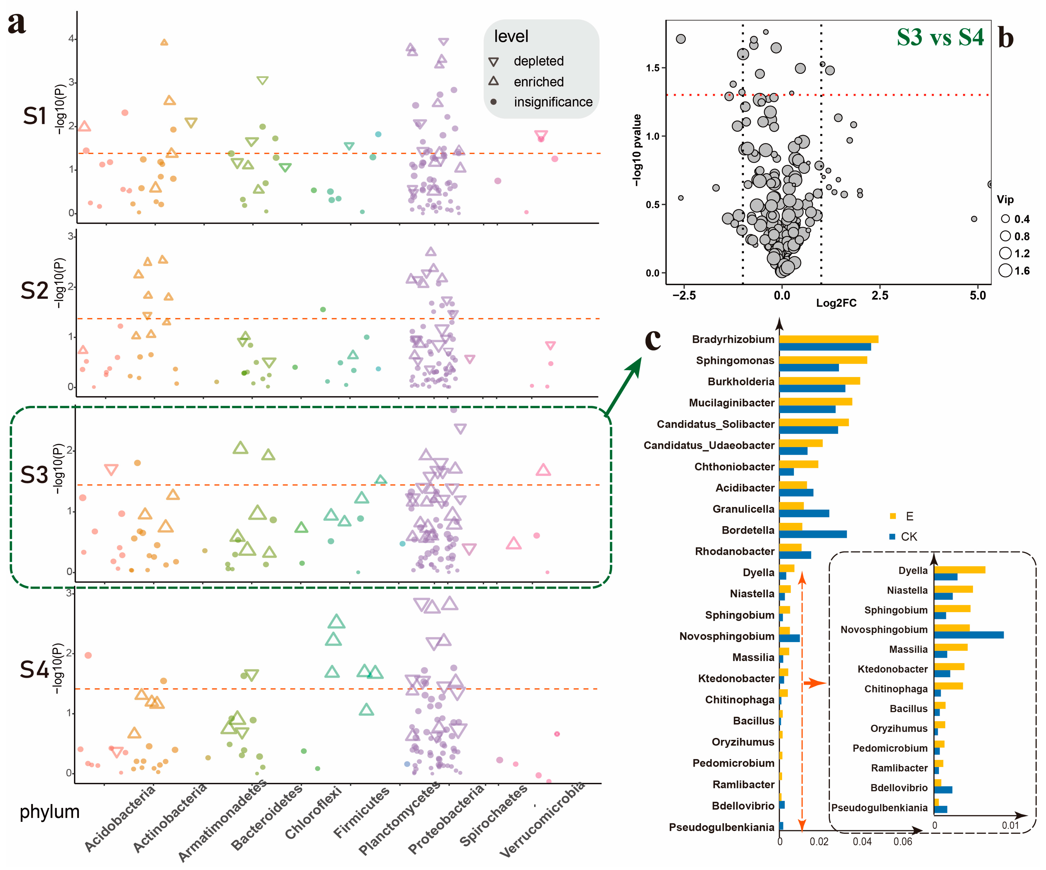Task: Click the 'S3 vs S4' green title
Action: [x=940, y=37]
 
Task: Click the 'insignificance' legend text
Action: [x=553, y=102]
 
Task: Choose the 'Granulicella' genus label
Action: [x=743, y=509]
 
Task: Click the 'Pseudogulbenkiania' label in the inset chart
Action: [x=879, y=808]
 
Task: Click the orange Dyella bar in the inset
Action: [x=959, y=570]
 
